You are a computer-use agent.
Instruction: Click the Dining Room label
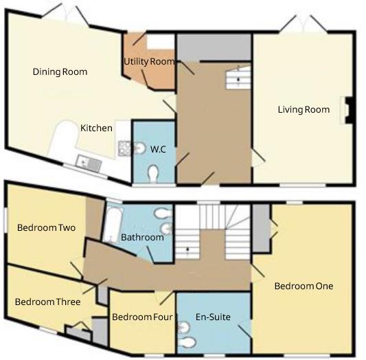(x=60, y=71)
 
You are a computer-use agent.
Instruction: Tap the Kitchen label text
(x=96, y=128)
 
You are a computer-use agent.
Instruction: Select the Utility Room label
(x=149, y=62)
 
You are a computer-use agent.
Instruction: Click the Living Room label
(x=304, y=109)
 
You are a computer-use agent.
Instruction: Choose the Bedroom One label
(x=304, y=286)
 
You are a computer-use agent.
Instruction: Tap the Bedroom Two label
(x=46, y=227)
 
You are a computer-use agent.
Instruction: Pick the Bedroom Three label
(x=47, y=302)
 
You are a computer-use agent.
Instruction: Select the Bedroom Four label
(x=141, y=317)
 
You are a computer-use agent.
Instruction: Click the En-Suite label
(x=214, y=317)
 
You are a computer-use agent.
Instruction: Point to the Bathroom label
(x=142, y=238)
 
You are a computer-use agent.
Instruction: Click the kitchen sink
(x=89, y=164)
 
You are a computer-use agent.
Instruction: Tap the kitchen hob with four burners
(x=125, y=148)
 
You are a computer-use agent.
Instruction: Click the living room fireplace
(x=350, y=110)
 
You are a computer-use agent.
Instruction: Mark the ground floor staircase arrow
(x=239, y=79)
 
